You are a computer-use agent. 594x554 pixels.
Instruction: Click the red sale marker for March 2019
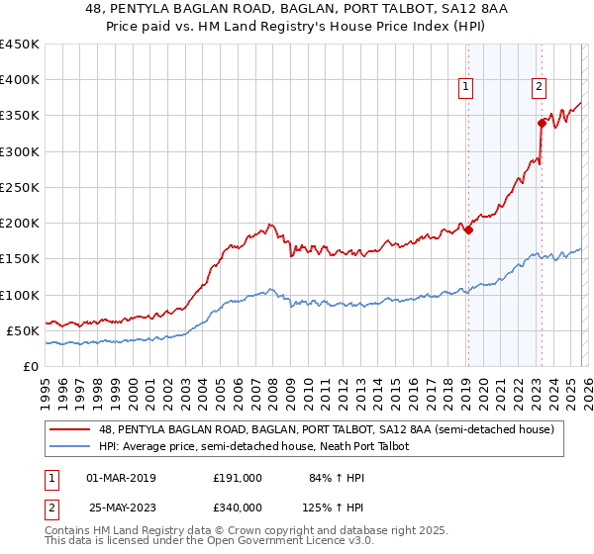coord(469,231)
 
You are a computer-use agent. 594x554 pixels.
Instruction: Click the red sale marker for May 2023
coord(542,123)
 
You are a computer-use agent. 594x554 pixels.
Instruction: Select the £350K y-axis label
coord(20,116)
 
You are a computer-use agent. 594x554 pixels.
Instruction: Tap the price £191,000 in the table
coord(238,478)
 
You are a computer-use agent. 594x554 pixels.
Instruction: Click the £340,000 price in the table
coord(238,508)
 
